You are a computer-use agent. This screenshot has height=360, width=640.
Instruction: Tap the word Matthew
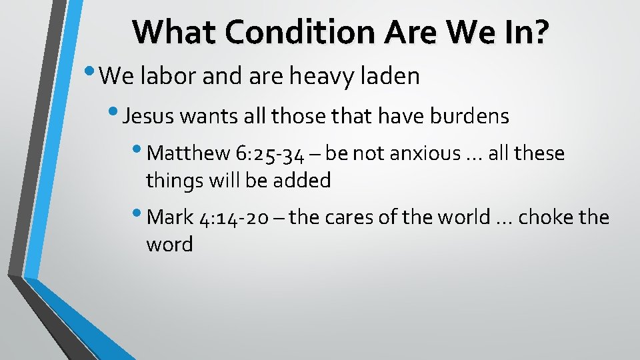tap(189, 154)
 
